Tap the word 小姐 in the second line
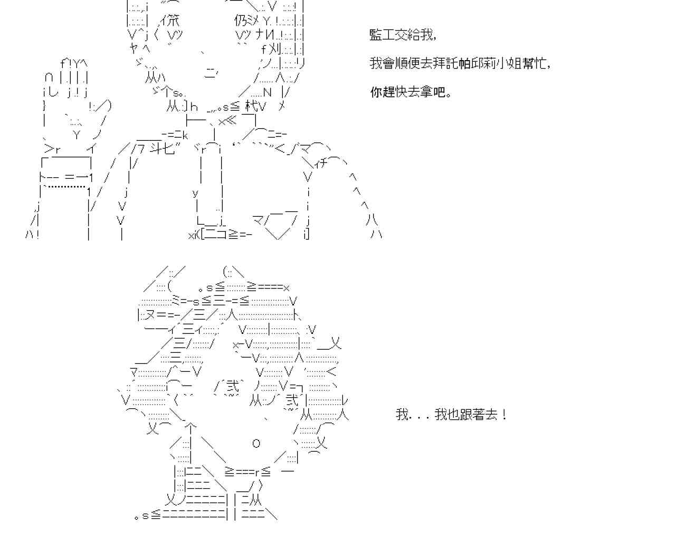pos(508,63)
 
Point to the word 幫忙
pos(533,63)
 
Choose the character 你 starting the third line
pos(376,92)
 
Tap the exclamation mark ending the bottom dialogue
pos(505,414)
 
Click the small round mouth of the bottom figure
pos(256,443)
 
